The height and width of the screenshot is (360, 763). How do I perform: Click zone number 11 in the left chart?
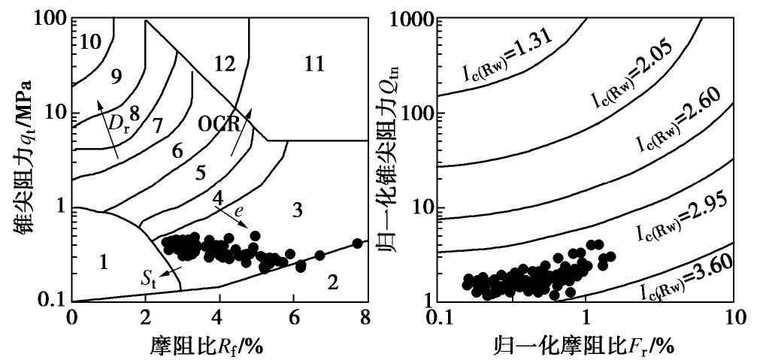[x=314, y=64]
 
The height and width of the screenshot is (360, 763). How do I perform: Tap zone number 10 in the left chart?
[x=90, y=41]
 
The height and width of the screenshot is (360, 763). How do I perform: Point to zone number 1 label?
[x=104, y=262]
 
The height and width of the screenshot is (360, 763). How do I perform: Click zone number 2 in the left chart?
[x=334, y=283]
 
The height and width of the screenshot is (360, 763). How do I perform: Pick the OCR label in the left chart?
[x=220, y=122]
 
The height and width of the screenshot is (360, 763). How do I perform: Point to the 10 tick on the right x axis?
[x=731, y=318]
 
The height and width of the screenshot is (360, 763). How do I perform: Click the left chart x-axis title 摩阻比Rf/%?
[x=219, y=345]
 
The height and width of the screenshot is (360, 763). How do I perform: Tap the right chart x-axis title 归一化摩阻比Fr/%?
[x=583, y=345]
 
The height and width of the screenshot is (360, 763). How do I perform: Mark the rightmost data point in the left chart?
[x=357, y=244]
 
